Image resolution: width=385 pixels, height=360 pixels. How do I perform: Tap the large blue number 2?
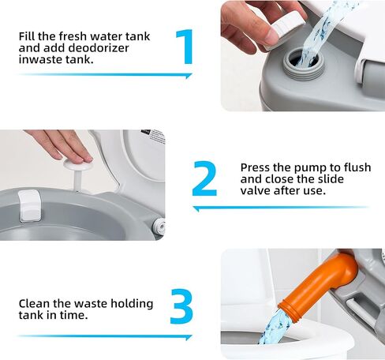[204, 180]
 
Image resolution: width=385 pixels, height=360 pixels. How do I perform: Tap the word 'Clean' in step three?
[36, 303]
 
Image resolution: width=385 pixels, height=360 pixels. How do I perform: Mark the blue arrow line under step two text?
[280, 208]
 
